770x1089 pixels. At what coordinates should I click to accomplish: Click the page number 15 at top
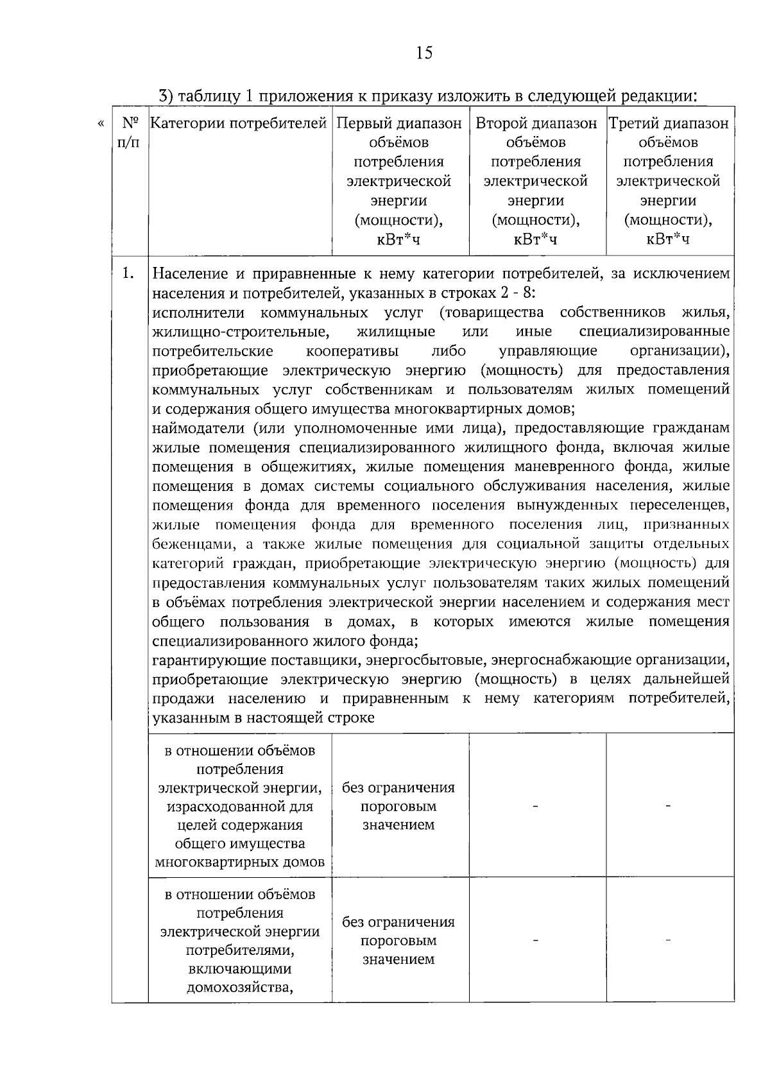(424, 53)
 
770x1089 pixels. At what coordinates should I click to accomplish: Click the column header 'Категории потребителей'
(239, 123)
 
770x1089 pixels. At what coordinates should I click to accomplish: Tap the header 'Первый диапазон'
(399, 123)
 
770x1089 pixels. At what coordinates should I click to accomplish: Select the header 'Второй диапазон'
(536, 123)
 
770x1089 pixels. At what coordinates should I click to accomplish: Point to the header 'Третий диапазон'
(669, 123)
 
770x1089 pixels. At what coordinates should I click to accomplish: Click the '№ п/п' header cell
(130, 132)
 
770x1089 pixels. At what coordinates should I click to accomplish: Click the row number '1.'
(128, 274)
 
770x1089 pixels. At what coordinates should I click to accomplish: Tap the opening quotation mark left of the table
(99, 122)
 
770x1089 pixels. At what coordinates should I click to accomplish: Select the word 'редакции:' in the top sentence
(658, 96)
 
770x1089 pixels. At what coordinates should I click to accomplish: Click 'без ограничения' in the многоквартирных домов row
(398, 787)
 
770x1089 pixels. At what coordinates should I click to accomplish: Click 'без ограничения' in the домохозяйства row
(398, 922)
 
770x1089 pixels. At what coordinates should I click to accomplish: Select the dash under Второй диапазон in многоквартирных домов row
(536, 806)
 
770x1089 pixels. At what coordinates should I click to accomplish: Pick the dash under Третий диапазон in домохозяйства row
(669, 941)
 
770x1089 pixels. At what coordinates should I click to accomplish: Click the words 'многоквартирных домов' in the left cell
(240, 862)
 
